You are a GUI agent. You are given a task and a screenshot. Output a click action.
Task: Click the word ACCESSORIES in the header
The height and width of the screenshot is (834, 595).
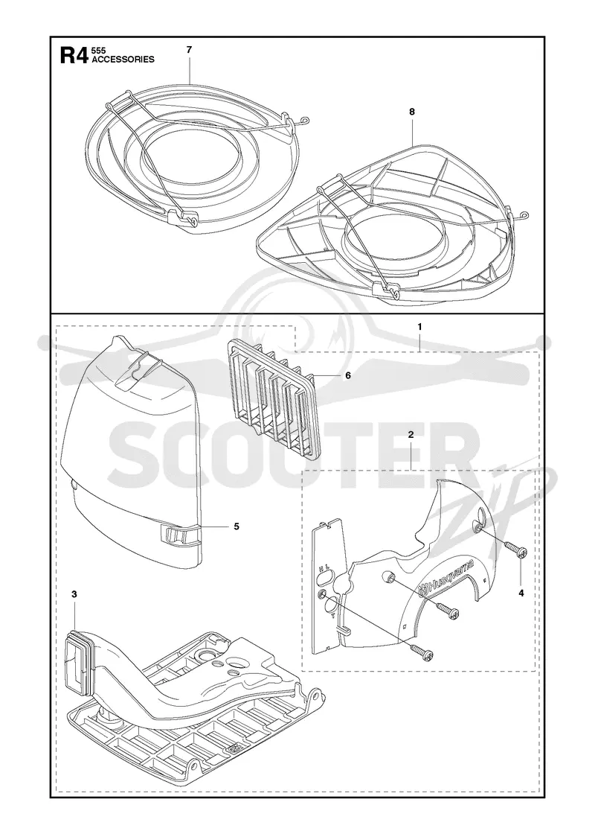pos(123,60)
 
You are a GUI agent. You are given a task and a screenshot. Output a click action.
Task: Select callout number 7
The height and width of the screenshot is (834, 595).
pos(189,49)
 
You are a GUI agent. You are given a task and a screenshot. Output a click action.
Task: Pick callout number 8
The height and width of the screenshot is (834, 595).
pos(412,112)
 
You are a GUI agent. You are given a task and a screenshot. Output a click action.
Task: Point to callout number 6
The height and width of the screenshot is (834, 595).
pos(348,375)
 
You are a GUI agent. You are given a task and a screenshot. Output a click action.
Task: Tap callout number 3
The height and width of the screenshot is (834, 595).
pos(74,594)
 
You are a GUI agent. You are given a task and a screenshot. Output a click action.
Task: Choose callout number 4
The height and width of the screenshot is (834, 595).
pos(521,593)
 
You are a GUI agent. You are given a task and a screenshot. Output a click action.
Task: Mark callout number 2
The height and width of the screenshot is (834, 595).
pos(411,435)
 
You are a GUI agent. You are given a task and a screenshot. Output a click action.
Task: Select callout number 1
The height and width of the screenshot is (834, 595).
pos(419,327)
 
